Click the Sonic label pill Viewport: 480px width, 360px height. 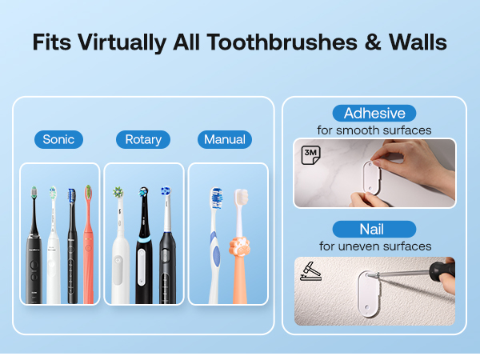(x=58, y=139)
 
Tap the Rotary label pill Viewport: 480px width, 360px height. (x=143, y=139)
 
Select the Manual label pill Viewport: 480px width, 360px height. (x=225, y=139)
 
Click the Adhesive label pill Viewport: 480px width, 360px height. (x=374, y=113)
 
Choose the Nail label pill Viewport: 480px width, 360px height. (x=374, y=229)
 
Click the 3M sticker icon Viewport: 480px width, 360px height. (x=310, y=155)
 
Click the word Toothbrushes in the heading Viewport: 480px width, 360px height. (x=274, y=42)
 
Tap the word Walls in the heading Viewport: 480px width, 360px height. (x=417, y=42)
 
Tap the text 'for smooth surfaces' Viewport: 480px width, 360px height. (x=374, y=130)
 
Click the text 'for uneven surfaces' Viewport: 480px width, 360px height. (x=374, y=246)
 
